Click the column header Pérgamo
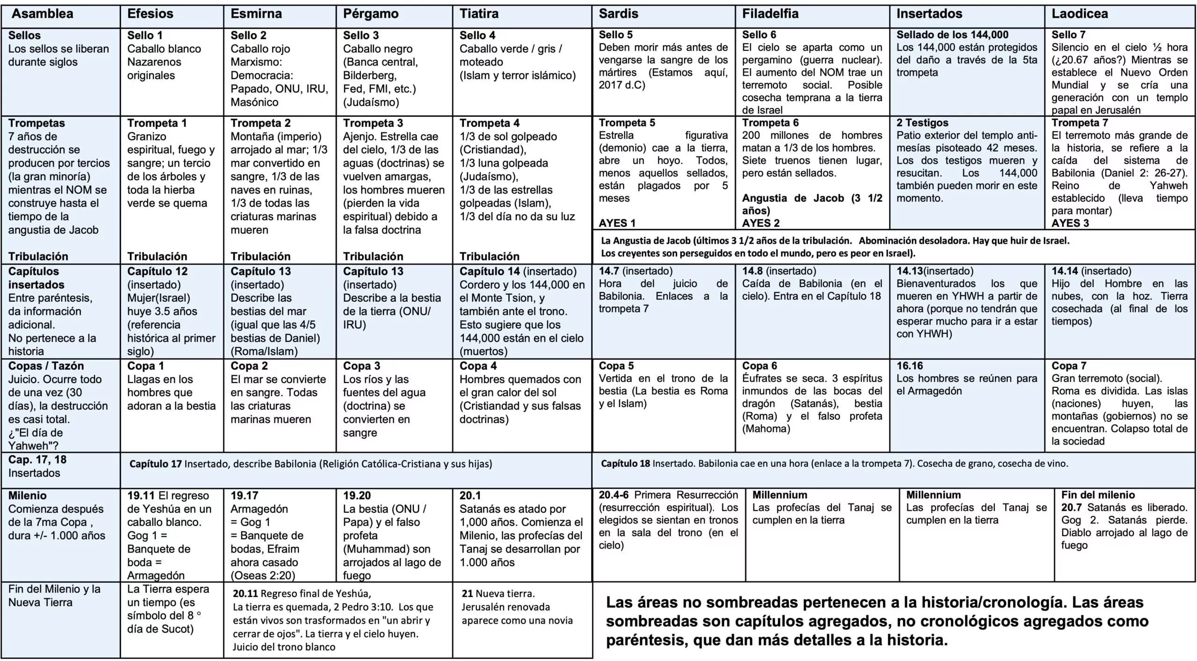pos(370,14)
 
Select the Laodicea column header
pos(1079,14)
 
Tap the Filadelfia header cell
pos(770,14)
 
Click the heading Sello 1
pos(145,36)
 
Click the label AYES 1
pos(617,223)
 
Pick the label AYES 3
pos(1070,223)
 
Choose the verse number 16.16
pos(909,366)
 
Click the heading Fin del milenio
pos(1097,495)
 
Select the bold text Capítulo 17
pos(155,464)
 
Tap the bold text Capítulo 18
pos(625,464)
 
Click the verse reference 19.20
pos(357,495)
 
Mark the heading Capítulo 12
pos(157,271)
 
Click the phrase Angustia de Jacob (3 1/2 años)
pos(812,204)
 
